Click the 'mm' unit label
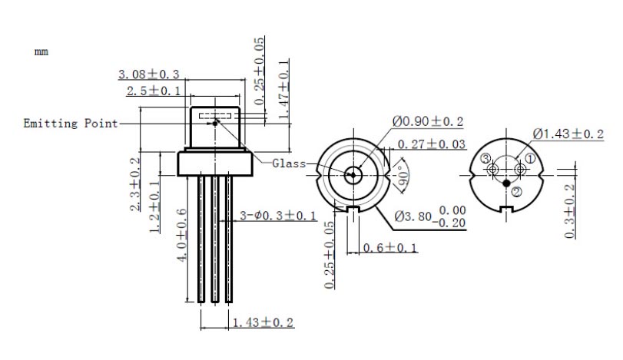(41, 51)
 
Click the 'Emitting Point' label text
(71, 123)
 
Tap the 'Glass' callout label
(289, 163)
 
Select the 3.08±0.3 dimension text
(149, 74)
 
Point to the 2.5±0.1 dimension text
(154, 91)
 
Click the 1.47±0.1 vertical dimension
(283, 89)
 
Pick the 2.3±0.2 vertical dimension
(135, 183)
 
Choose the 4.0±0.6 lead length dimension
(181, 235)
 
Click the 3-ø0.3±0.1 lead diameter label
(278, 216)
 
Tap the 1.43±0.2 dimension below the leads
(263, 322)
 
